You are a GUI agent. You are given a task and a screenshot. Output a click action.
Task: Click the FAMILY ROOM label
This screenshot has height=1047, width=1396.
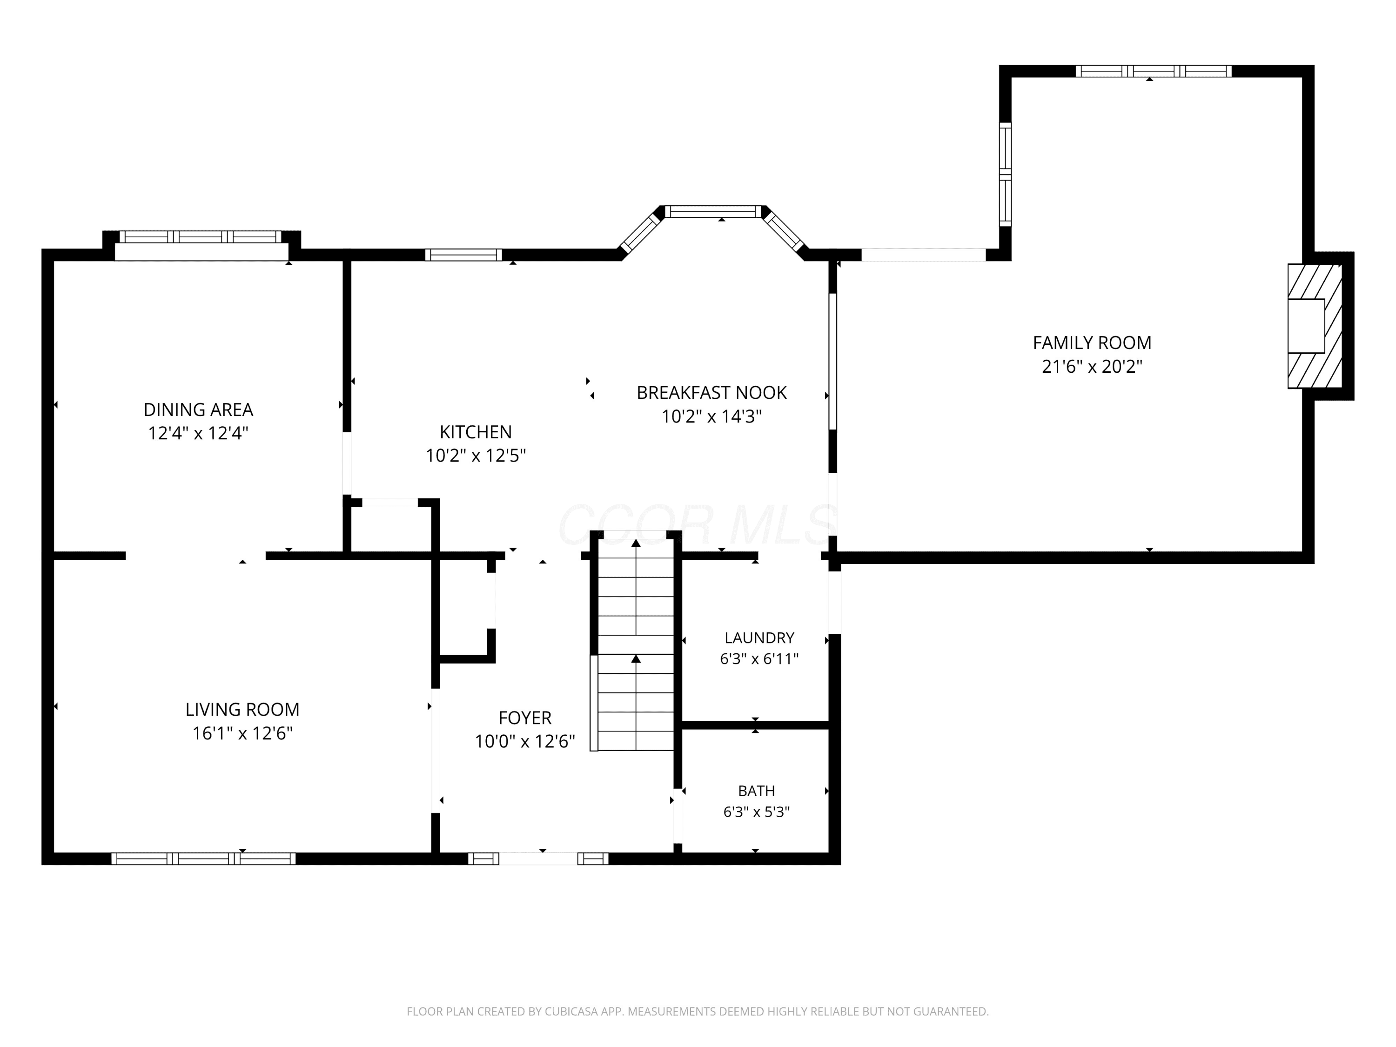[1092, 342]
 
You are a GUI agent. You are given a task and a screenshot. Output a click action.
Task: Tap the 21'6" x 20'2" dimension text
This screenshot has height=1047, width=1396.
[1092, 366]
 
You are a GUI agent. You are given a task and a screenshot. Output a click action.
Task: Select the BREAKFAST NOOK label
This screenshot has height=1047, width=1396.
[711, 393]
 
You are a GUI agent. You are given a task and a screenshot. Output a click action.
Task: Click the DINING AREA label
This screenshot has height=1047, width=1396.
[198, 409]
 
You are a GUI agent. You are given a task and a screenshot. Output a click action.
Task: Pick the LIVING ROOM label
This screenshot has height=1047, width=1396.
[242, 709]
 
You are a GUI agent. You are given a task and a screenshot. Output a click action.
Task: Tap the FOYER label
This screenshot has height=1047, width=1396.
[525, 718]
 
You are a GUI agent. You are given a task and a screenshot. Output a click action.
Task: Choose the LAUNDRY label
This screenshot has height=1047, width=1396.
[759, 638]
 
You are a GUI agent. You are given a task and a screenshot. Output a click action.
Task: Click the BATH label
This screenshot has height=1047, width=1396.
[757, 791]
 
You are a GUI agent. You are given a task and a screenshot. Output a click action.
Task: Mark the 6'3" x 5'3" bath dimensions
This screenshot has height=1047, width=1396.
[757, 812]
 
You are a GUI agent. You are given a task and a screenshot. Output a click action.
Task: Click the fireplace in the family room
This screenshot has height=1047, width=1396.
[1315, 326]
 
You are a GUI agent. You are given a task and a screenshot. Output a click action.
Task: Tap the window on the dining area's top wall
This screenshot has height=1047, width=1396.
[201, 237]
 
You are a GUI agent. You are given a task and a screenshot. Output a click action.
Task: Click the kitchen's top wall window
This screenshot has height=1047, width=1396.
[463, 255]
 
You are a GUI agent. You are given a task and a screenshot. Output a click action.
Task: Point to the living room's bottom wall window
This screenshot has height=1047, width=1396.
[203, 858]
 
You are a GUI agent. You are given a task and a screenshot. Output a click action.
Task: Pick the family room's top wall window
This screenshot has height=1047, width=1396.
[1154, 71]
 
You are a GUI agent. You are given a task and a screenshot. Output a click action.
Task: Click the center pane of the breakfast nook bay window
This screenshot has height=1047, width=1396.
[714, 211]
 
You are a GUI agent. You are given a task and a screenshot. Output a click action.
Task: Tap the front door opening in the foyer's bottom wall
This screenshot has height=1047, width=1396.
[538, 858]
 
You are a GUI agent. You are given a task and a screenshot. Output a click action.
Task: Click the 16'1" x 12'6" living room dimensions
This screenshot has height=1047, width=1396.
[242, 733]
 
